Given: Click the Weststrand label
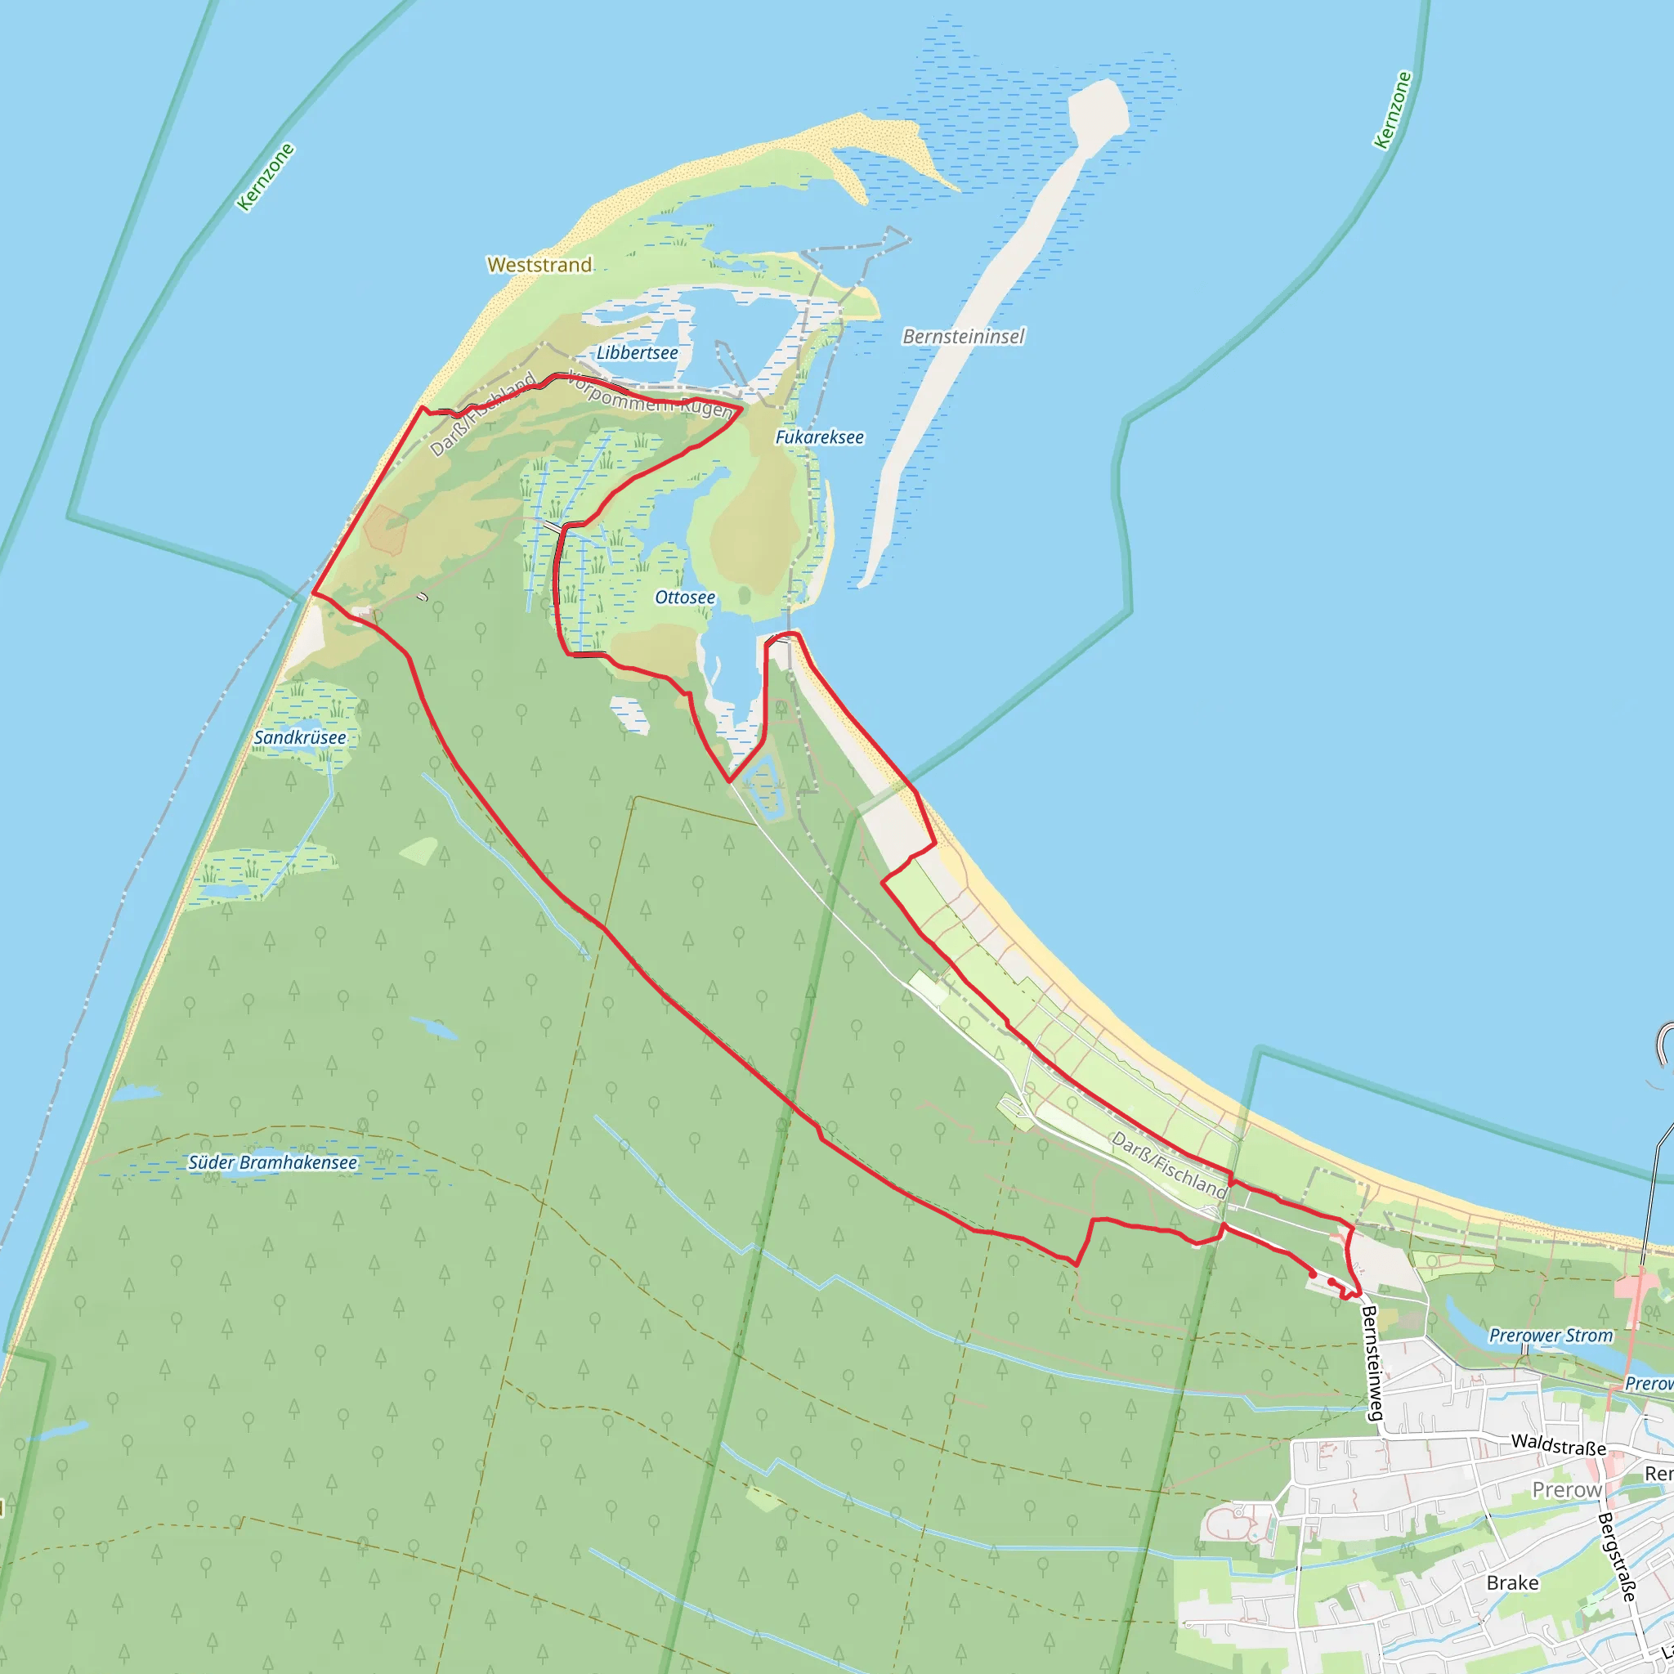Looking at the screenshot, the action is [x=539, y=265].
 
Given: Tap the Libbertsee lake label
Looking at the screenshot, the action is [x=637, y=352].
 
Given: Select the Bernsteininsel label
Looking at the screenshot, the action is [x=964, y=336].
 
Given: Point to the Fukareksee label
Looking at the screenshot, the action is [x=819, y=437].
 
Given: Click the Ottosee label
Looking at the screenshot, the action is [x=684, y=598].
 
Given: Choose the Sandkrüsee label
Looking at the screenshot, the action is [x=300, y=738].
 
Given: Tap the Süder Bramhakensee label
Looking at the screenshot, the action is [x=272, y=1163].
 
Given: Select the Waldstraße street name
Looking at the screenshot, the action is [x=1558, y=1444].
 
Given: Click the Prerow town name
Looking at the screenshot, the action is [x=1567, y=1490].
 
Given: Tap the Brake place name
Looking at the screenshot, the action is [x=1513, y=1583].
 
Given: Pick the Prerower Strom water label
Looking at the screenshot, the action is [x=1551, y=1336].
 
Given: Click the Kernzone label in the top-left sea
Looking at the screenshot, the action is [x=266, y=177].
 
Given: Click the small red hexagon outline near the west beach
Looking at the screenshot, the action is [x=386, y=530].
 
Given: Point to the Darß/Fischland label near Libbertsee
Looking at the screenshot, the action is [x=482, y=415].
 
